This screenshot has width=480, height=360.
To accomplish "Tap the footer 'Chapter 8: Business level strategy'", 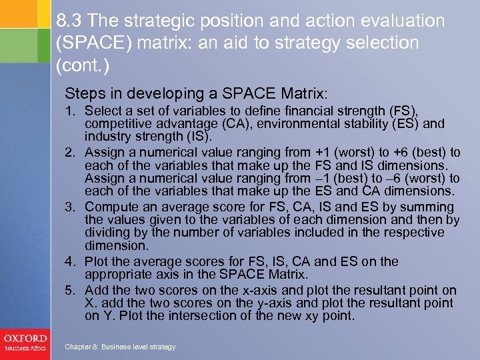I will pos(120,347).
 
